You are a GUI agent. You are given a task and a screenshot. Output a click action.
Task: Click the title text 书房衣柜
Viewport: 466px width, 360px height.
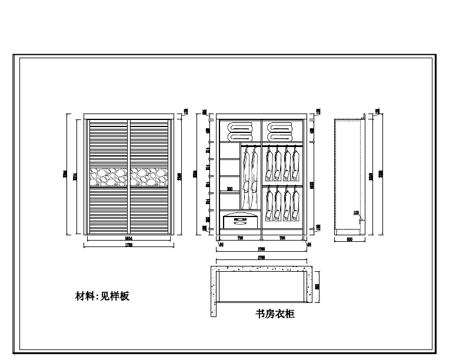tap(275, 314)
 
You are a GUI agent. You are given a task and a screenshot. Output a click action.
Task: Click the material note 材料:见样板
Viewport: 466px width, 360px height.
tap(102, 296)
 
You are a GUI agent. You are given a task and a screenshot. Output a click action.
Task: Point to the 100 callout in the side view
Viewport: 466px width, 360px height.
tap(356, 212)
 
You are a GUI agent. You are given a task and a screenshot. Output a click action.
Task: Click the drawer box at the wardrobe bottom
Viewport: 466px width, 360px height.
tap(241, 221)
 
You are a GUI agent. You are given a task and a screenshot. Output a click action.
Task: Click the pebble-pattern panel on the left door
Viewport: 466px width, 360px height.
tap(109, 175)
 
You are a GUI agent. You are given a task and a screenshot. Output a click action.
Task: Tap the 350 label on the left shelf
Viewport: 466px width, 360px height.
tap(229, 189)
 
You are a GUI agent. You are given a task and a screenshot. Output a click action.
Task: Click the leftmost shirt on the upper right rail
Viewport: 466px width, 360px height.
tap(268, 164)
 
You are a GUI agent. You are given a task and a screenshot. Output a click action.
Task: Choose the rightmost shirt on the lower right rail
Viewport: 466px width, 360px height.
tap(295, 204)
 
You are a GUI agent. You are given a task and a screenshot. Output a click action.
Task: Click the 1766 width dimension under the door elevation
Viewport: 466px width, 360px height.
tap(129, 245)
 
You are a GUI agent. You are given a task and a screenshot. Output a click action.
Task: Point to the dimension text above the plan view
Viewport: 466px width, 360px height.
tap(261, 258)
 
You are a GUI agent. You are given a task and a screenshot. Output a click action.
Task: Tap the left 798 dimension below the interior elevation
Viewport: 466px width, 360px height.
tap(239, 238)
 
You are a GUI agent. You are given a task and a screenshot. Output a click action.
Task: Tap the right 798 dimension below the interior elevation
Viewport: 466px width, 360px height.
tap(282, 238)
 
